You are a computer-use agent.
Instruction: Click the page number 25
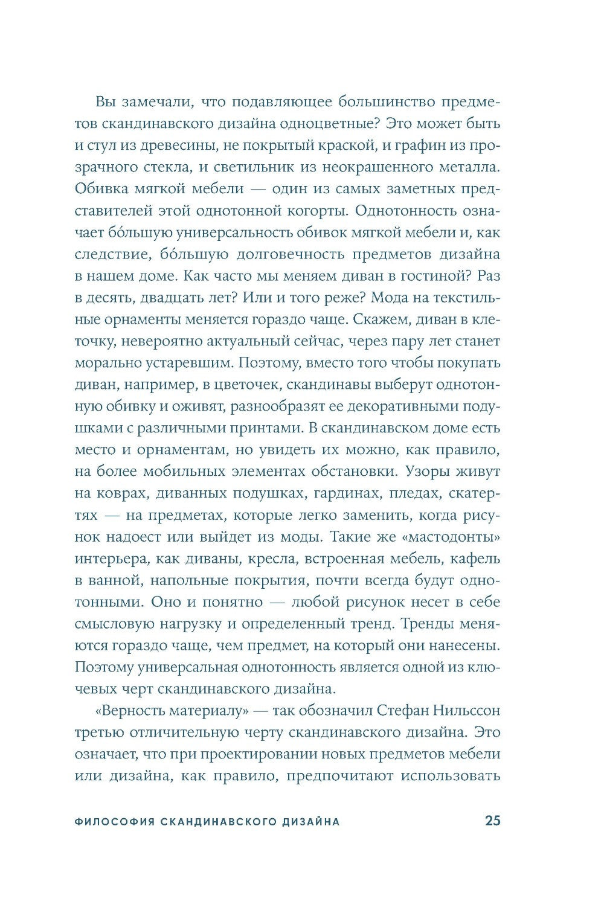pos(492,821)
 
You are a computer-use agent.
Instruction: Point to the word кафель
pos(475,559)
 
